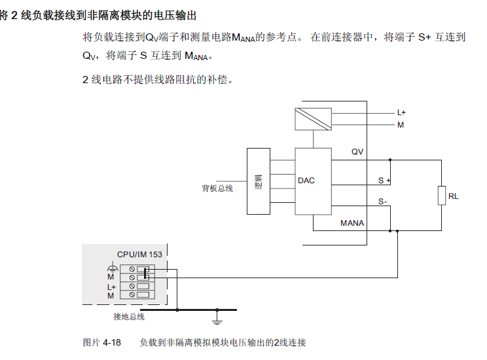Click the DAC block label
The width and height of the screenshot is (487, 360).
pos(306,181)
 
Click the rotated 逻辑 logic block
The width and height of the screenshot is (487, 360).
pos(259,181)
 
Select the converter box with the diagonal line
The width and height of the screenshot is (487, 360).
pos(313,119)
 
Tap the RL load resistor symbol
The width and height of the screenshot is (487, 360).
pos(442,195)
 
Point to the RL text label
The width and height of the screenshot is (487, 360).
pos(453,196)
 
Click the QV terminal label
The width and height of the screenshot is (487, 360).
pos(357,152)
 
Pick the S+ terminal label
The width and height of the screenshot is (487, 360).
pos(384,181)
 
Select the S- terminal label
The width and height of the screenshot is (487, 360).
pos(382,202)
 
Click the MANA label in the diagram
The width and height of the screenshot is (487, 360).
pos(352,223)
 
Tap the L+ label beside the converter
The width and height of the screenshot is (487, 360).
pos(401,113)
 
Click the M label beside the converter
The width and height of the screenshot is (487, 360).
pos(401,125)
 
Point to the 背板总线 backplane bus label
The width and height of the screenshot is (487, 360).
pos(217,189)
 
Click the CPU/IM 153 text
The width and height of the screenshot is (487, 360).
pos(139,255)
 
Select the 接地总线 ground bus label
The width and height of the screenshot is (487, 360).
pos(129,317)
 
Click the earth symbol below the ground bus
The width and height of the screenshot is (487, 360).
pos(217,321)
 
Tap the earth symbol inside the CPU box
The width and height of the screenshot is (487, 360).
pos(113,267)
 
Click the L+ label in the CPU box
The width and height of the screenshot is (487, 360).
pos(111,287)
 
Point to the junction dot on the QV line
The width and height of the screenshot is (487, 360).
pos(390,160)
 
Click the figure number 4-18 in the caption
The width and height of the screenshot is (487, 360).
pos(111,342)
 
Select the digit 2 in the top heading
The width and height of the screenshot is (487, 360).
pos(14,15)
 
